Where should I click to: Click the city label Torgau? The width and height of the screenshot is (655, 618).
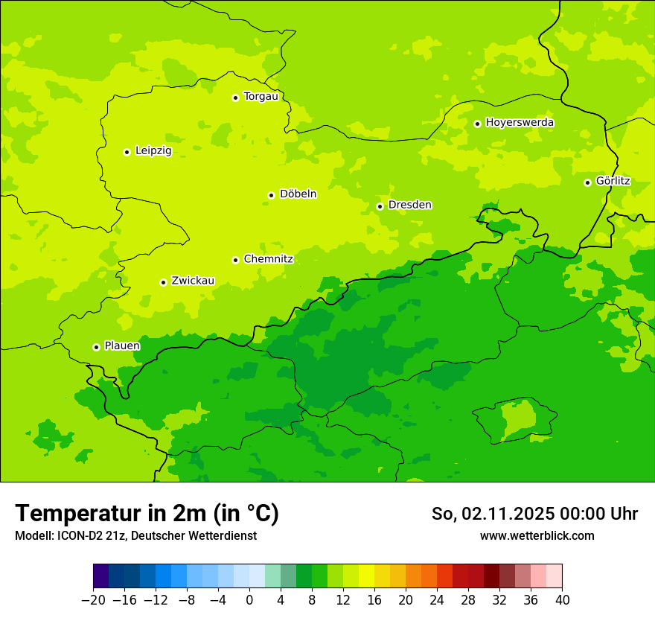pos(261,97)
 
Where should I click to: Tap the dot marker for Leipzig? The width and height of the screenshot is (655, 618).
pos(127,152)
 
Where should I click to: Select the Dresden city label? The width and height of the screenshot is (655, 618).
pos(409,205)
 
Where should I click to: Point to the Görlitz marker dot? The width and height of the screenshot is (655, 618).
pos(587,182)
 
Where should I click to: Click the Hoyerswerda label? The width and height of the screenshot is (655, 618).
pos(520,123)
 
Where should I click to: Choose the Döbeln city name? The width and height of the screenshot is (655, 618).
pos(298,194)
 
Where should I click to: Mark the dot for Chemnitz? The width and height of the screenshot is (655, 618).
pos(235,260)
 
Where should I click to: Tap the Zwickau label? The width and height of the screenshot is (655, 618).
pos(193,281)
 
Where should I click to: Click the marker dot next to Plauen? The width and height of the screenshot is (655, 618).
pos(96,347)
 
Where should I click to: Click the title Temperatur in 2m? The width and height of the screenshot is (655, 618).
pos(147,514)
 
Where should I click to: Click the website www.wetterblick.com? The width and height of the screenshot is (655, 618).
pos(537,536)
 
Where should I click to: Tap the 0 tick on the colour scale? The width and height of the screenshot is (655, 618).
pos(249,600)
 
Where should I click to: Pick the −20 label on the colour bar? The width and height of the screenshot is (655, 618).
pos(93,600)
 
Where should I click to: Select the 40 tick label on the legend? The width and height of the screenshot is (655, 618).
pos(562,600)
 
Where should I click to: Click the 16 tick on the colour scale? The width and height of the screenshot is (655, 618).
pos(374,600)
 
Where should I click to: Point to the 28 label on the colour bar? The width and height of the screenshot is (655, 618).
pos(468,600)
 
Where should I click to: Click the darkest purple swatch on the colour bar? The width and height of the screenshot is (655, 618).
pos(101,576)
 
